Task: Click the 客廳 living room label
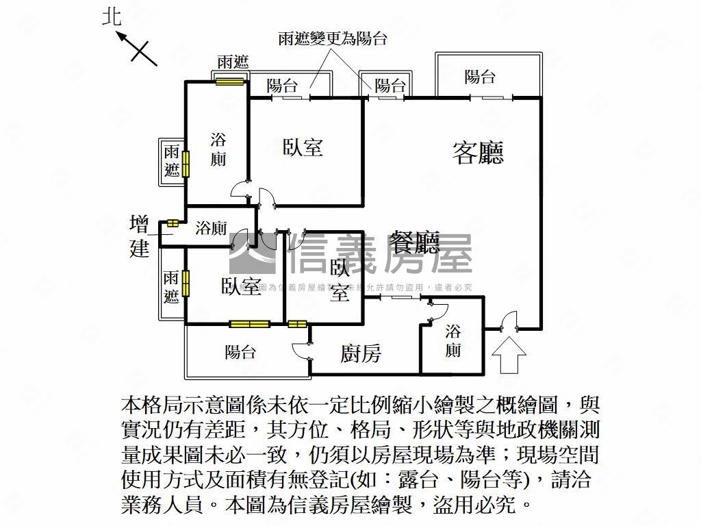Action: click(x=477, y=153)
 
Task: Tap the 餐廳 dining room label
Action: click(x=413, y=243)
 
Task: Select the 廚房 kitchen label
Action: click(x=361, y=353)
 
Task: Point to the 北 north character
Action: click(x=112, y=17)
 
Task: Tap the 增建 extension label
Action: click(x=140, y=236)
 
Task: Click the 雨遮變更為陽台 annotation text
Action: click(x=333, y=39)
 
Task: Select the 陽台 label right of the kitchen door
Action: click(x=241, y=352)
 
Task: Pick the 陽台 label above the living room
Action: click(x=480, y=77)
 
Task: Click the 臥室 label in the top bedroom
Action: click(x=303, y=147)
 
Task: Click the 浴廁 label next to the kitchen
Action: click(x=453, y=341)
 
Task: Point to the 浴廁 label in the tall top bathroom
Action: click(x=218, y=150)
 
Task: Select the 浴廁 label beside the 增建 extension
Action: click(x=211, y=228)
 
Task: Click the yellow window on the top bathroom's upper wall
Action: click(x=229, y=82)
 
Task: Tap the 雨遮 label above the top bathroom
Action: click(x=232, y=62)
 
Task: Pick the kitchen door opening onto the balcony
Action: click(x=303, y=349)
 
